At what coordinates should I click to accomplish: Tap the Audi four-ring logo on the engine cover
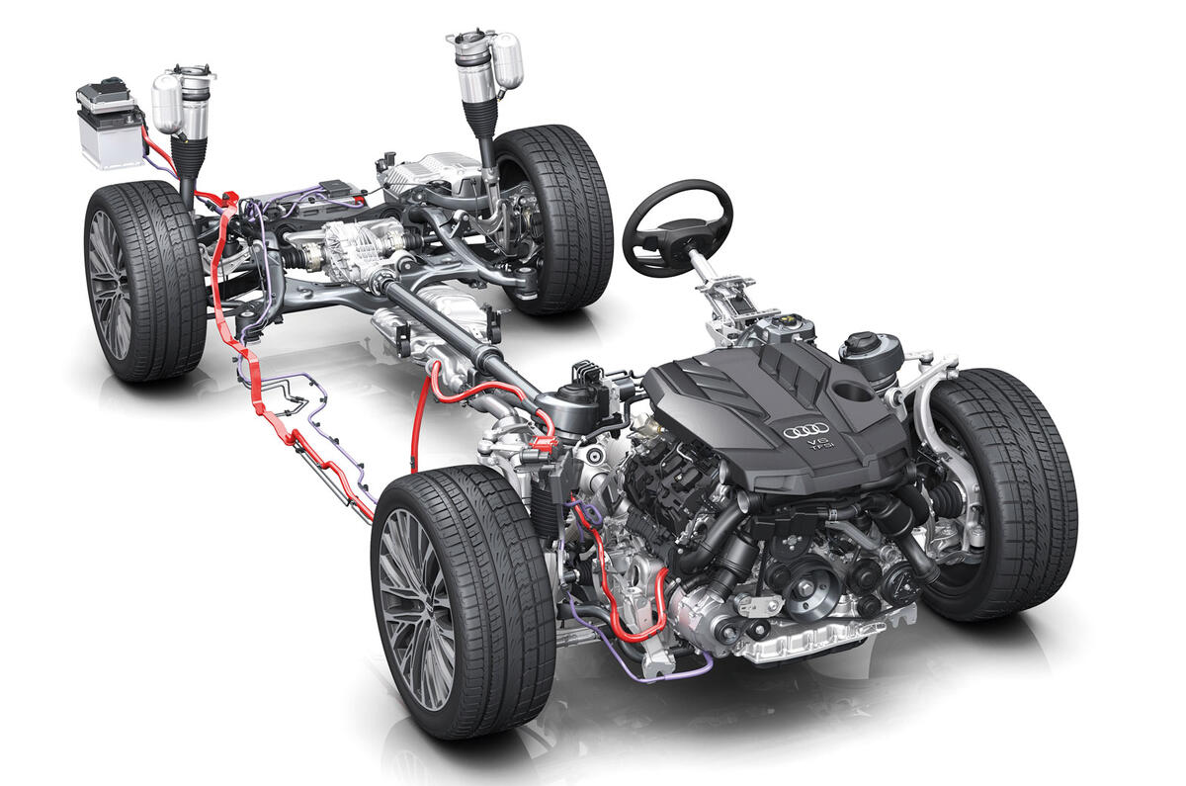pyautogui.click(x=805, y=431)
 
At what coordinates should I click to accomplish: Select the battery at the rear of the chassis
pyautogui.click(x=110, y=124)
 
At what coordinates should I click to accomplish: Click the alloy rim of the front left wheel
pyautogui.click(x=417, y=609)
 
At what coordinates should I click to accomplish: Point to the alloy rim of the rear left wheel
pyautogui.click(x=110, y=285)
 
